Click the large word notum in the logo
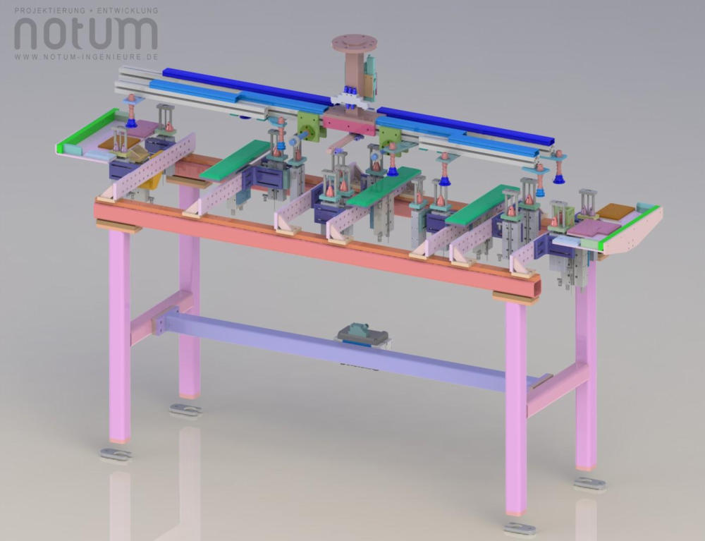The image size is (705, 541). click(x=86, y=33)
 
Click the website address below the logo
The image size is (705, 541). click(x=86, y=57)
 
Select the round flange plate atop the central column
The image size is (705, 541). click(x=355, y=42)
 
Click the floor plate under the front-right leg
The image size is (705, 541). click(x=520, y=528)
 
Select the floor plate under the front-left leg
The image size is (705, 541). click(x=116, y=454)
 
